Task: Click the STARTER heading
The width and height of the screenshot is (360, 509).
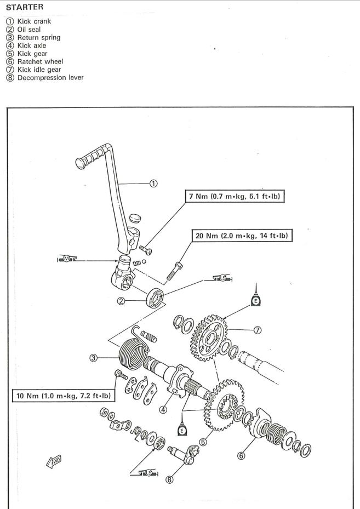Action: pyautogui.click(x=25, y=7)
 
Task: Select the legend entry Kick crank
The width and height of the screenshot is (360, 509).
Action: pyautogui.click(x=28, y=21)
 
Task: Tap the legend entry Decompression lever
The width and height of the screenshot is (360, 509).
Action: pyautogui.click(x=45, y=78)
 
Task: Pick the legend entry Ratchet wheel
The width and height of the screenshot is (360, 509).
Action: pyautogui.click(x=35, y=62)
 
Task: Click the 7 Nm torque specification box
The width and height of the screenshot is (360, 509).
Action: pyautogui.click(x=235, y=196)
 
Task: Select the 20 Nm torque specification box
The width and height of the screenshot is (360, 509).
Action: pyautogui.click(x=242, y=236)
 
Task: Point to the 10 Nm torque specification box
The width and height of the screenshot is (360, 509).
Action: pyautogui.click(x=64, y=396)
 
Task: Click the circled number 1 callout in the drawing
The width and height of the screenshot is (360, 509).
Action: pyautogui.click(x=153, y=184)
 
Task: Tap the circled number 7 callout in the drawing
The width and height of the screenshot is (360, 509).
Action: pyautogui.click(x=257, y=330)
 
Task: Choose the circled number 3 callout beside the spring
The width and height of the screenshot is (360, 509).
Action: pyautogui.click(x=93, y=358)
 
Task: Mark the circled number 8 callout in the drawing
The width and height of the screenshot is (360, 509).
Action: pyautogui.click(x=169, y=479)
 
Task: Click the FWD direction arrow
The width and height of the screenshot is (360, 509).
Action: pyautogui.click(x=54, y=461)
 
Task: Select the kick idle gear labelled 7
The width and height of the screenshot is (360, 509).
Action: pyautogui.click(x=208, y=338)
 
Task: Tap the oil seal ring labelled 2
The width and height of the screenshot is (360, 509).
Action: pyautogui.click(x=155, y=298)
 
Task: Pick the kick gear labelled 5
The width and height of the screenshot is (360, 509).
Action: pyautogui.click(x=224, y=405)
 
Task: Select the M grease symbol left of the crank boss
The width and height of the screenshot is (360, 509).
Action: pyautogui.click(x=66, y=259)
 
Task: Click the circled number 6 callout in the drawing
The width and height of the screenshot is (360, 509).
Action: pyautogui.click(x=241, y=456)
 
